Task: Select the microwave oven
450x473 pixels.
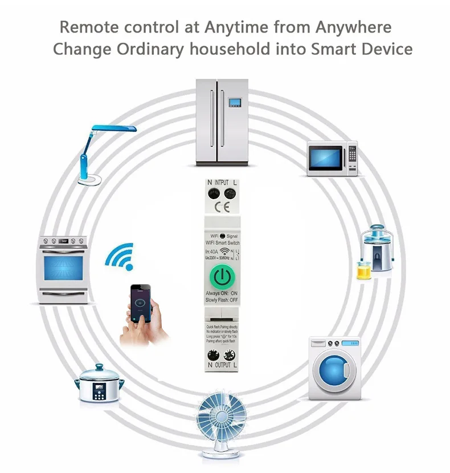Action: pos(333,157)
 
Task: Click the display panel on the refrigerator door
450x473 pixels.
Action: pos(235,103)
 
